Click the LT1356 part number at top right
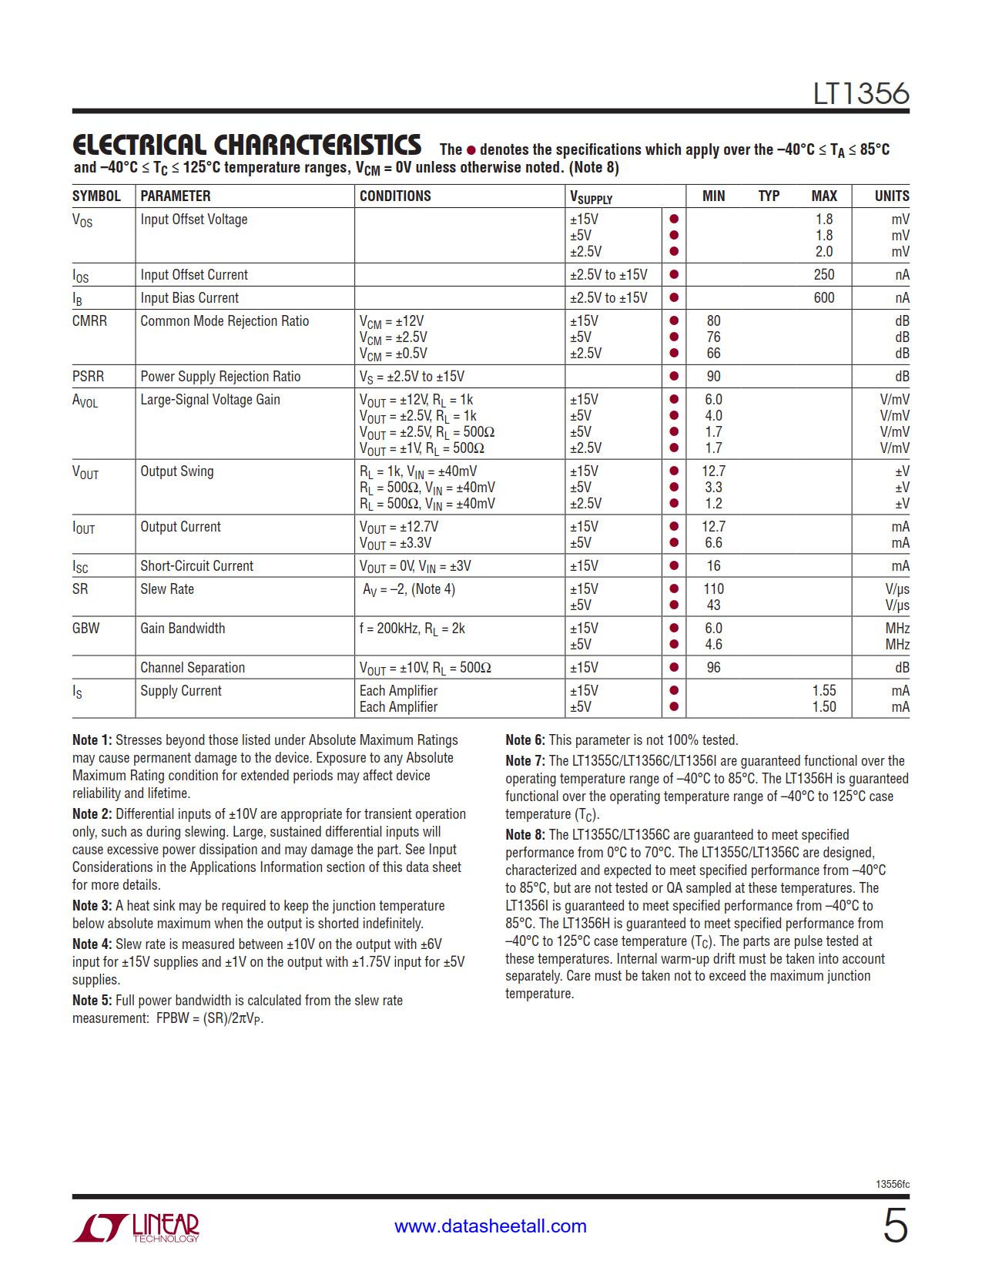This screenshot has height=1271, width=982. tap(860, 94)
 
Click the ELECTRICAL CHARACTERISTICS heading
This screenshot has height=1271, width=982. tap(246, 146)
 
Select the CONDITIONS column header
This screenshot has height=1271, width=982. tap(395, 196)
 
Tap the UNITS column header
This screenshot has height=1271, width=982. tap(891, 196)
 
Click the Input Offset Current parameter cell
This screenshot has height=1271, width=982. tap(194, 275)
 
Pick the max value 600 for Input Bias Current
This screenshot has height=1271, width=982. tap(823, 298)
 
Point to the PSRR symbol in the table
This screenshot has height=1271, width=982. tap(88, 377)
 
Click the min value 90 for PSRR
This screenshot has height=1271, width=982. tap(713, 377)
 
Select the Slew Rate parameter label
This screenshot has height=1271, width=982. tap(167, 589)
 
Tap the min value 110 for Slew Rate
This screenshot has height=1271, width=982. tap(713, 589)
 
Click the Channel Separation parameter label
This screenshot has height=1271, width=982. tap(193, 668)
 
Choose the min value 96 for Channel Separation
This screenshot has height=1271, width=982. tap(713, 668)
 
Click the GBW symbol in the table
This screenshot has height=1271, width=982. tap(85, 629)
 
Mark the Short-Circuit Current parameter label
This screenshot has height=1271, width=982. tap(196, 566)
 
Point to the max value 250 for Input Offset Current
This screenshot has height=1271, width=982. tap(823, 275)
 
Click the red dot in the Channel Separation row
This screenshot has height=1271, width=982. tap(674, 668)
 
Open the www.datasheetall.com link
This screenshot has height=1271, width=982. tap(491, 1226)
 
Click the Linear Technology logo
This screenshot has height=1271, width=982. tap(136, 1227)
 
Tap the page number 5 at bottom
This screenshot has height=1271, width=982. tap(895, 1226)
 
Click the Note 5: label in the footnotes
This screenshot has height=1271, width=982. tap(92, 1001)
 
